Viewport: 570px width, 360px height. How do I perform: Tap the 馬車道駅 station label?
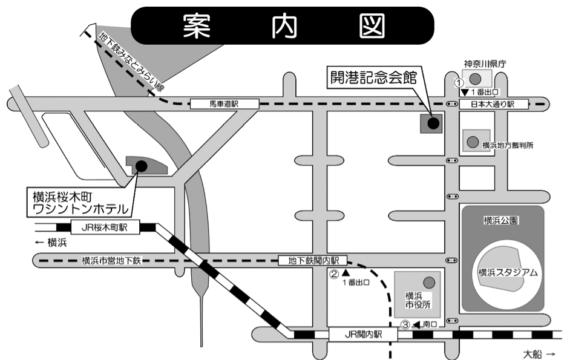click(224, 105)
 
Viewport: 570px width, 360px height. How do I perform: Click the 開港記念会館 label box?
click(373, 77)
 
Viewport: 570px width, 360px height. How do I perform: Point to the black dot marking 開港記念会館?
click(433, 123)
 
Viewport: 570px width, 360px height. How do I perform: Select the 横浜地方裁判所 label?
click(507, 146)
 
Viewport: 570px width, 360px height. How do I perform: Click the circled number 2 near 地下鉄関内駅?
click(333, 273)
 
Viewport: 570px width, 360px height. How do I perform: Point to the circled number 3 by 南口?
click(406, 325)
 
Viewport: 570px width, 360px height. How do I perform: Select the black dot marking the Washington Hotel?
click(141, 165)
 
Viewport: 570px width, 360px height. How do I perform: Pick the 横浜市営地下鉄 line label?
click(111, 261)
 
